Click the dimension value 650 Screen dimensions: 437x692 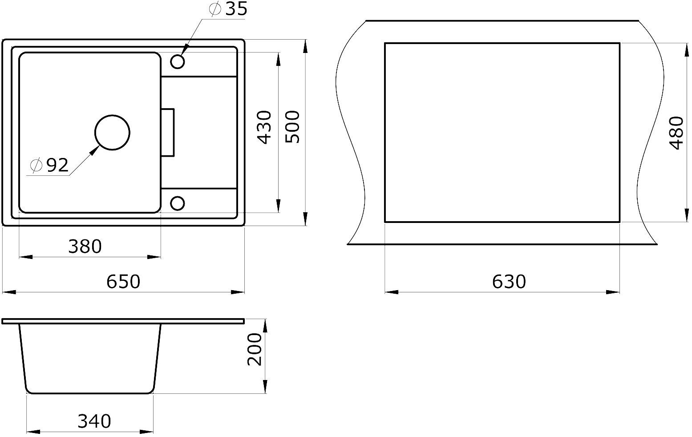coord(123,281)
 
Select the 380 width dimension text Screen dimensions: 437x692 coord(85,246)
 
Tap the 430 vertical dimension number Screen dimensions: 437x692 coord(264,127)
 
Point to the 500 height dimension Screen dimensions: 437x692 coord(292,127)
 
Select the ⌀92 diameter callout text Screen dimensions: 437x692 coord(50,166)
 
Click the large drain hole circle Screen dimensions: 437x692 coord(112,133)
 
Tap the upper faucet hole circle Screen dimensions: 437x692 coord(178,62)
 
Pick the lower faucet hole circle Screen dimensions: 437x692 coord(178,203)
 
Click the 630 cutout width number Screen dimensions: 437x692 coord(509,281)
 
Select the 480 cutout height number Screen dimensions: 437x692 coord(676,133)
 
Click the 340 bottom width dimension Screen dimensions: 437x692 coord(94,421)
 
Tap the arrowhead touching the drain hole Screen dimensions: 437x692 coord(94,150)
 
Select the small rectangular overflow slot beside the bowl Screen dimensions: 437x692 coord(168,132)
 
